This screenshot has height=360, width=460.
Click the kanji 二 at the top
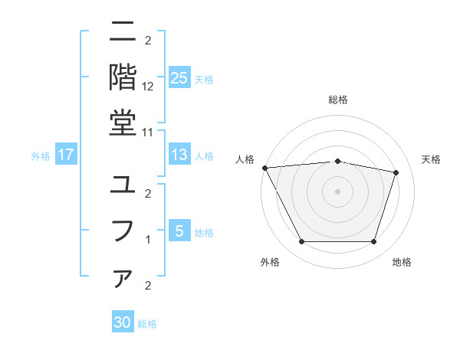pyautogui.click(x=123, y=34)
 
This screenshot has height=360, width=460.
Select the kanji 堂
pyautogui.click(x=123, y=122)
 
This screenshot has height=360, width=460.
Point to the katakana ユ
pyautogui.click(x=123, y=186)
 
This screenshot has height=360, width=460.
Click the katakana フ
pyautogui.click(x=123, y=231)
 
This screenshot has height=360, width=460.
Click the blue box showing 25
pyautogui.click(x=179, y=78)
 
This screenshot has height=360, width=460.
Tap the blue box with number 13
pyautogui.click(x=179, y=155)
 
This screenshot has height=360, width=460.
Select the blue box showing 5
pyautogui.click(x=179, y=231)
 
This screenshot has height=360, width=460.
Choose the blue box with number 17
pyautogui.click(x=65, y=155)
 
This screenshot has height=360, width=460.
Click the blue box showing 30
pyautogui.click(x=123, y=322)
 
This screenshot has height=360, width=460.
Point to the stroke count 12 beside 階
pyautogui.click(x=148, y=87)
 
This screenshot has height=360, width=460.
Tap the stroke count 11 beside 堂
pyautogui.click(x=148, y=133)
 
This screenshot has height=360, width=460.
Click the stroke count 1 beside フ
pyautogui.click(x=148, y=240)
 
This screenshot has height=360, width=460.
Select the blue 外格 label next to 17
pyautogui.click(x=40, y=156)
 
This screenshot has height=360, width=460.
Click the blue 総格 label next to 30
pyautogui.click(x=147, y=324)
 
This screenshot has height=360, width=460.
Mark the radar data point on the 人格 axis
pyautogui.click(x=264, y=168)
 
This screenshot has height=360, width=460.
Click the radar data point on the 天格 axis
pyautogui.click(x=396, y=172)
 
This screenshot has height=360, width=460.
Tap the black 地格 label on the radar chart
pyautogui.click(x=402, y=262)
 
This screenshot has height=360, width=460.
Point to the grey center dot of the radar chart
pyautogui.click(x=337, y=191)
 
